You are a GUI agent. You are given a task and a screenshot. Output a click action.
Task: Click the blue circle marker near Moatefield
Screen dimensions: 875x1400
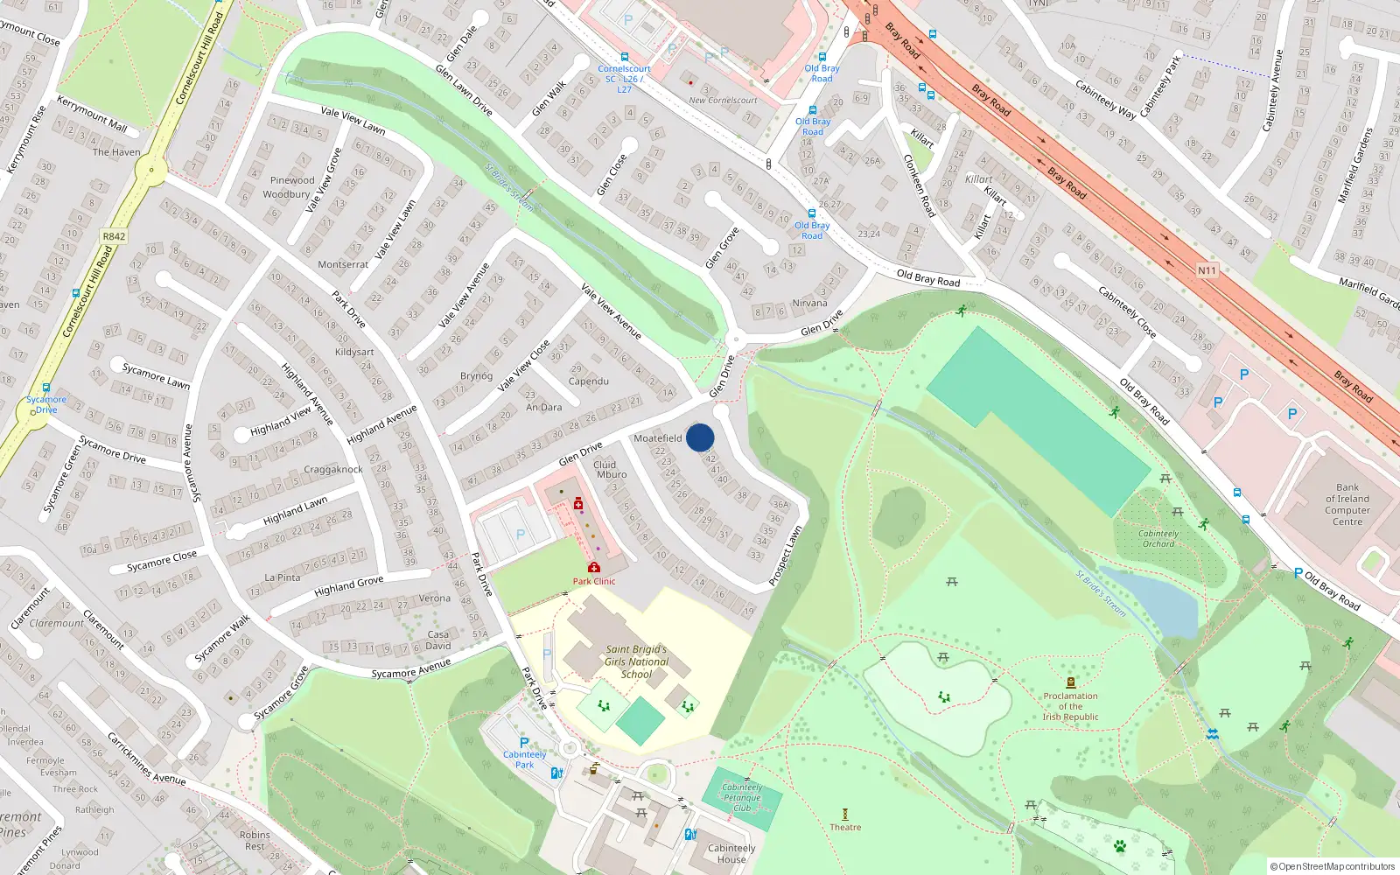tap(700, 437)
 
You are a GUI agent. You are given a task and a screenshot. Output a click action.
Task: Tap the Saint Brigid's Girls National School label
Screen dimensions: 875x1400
tap(636, 662)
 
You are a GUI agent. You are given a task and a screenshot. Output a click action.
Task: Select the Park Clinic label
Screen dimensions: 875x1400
tap(594, 581)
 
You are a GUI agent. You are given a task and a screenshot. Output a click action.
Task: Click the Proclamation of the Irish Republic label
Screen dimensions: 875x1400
tap(1070, 706)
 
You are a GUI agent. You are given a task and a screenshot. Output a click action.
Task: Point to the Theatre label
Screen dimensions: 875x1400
tap(845, 827)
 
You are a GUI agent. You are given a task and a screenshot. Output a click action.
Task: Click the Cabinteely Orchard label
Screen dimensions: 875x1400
tap(1158, 538)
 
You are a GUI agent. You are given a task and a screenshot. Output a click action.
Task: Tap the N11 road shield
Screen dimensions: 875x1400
tap(1207, 270)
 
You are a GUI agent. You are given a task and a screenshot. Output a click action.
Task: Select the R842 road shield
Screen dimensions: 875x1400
tap(114, 236)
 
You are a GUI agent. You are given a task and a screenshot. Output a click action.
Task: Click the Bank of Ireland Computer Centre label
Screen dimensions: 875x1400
tap(1347, 504)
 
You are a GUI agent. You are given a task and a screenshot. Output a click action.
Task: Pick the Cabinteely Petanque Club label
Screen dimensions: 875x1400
tap(742, 797)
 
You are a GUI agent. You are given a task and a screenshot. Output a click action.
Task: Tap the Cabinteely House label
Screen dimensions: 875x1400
tap(731, 853)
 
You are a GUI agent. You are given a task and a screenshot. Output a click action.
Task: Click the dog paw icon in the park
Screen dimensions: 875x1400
tap(1120, 845)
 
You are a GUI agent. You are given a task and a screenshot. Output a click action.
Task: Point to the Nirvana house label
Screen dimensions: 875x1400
tap(809, 303)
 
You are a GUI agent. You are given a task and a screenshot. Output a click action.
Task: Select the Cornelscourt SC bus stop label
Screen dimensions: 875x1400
tap(624, 79)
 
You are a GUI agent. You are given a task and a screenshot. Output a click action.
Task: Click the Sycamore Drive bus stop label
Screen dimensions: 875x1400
tap(46, 404)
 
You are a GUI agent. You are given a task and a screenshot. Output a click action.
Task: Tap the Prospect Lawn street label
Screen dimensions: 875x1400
tap(785, 556)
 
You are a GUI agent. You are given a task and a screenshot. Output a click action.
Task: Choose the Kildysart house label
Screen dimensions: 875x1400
tap(354, 352)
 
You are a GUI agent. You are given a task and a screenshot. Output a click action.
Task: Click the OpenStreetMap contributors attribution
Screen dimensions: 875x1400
tap(1333, 866)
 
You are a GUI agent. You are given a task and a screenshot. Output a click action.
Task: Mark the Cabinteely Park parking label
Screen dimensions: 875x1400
tap(524, 759)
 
